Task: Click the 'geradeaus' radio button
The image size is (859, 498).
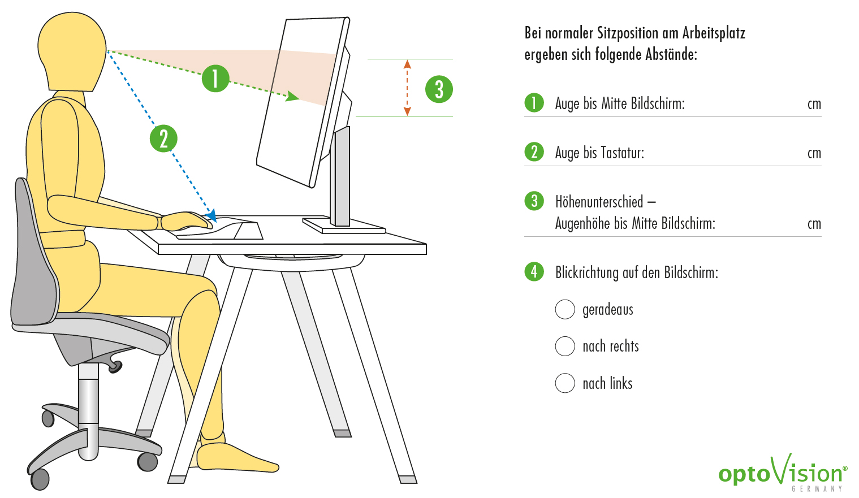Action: point(565,309)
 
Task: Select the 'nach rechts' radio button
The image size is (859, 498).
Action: point(565,346)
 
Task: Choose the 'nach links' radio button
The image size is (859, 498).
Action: point(565,383)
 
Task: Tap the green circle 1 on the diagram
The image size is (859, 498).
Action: point(215,79)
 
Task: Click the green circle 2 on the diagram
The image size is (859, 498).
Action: point(164,138)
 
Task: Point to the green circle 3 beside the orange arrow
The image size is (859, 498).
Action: point(439,89)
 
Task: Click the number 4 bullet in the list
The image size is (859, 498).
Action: point(534,272)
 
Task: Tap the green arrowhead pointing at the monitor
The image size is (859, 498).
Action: point(292,96)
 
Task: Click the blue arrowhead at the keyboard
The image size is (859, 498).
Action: point(211,215)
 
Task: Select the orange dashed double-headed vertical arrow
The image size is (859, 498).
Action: point(407,88)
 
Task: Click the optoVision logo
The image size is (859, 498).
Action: point(783,473)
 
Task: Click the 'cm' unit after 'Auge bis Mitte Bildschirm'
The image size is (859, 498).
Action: point(814,104)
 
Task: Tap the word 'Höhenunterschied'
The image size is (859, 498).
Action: point(599,202)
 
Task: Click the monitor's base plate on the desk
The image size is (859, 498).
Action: point(344,226)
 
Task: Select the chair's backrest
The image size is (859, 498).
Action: point(34,253)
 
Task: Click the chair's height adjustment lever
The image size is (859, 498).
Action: point(114,365)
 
